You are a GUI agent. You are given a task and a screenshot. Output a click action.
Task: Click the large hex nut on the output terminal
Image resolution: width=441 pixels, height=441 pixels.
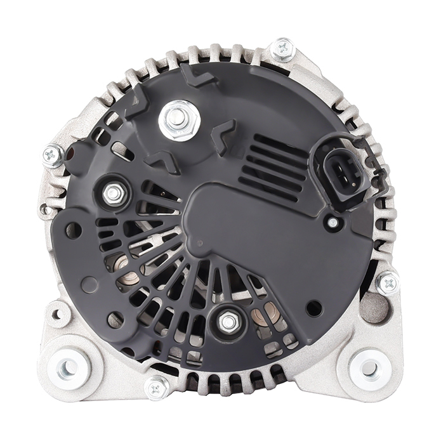[179, 119]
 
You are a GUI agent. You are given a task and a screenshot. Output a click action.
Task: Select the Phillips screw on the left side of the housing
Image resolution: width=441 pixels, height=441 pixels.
[53, 155]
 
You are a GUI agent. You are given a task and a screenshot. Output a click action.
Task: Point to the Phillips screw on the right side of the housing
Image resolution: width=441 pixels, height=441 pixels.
[386, 282]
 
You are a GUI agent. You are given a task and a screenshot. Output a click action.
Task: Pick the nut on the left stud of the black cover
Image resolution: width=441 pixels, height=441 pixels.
[113, 194]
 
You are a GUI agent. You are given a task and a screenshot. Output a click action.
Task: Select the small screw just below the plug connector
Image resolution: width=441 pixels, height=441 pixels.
[332, 222]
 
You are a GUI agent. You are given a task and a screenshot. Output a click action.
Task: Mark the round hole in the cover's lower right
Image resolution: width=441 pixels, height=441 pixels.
[313, 308]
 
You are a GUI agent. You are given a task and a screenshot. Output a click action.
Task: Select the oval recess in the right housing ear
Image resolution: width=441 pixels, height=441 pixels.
[374, 308]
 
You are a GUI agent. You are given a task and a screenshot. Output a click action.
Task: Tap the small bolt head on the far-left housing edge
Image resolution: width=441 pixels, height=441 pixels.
[44, 209]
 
